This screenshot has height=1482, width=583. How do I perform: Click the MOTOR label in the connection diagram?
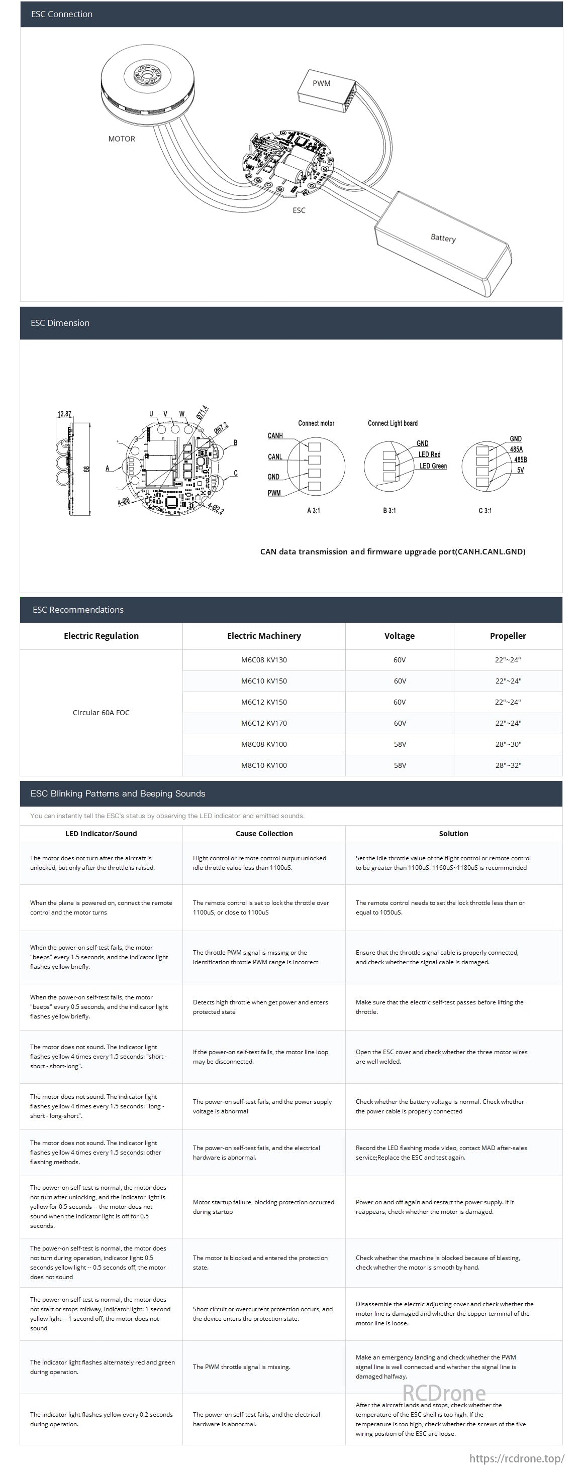[122, 139]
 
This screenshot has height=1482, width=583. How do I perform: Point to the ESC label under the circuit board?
[299, 210]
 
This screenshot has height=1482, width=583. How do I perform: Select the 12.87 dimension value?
[64, 414]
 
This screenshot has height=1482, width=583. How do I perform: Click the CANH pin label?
[275, 435]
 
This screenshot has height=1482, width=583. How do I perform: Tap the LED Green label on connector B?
[433, 466]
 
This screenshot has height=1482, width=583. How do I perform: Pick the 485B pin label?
[520, 460]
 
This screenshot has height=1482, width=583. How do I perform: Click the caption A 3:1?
[313, 510]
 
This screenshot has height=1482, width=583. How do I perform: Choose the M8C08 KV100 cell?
[263, 744]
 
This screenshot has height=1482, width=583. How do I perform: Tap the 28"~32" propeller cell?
[508, 765]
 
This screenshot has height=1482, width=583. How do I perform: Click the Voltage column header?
[399, 636]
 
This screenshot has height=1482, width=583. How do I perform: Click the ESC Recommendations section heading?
[78, 610]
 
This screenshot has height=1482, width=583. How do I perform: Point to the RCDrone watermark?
[444, 1392]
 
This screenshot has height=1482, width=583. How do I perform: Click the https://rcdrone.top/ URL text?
[516, 1458]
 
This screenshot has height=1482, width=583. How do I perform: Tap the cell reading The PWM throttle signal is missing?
[241, 1366]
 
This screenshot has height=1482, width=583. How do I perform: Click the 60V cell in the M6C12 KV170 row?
[400, 723]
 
